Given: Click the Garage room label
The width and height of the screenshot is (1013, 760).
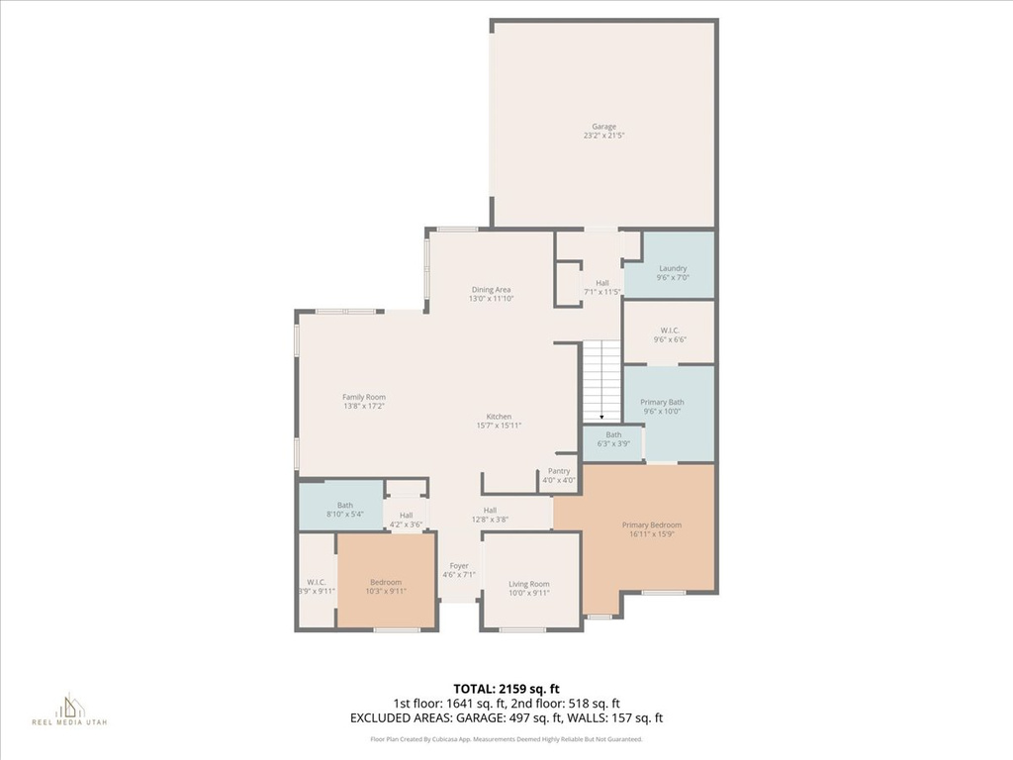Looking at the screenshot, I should pyautogui.click(x=603, y=131).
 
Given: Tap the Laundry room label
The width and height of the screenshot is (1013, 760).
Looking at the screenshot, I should pyautogui.click(x=673, y=273).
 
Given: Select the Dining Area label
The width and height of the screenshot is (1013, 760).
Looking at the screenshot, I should pyautogui.click(x=491, y=294).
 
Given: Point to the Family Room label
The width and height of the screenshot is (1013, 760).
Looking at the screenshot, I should pyautogui.click(x=363, y=401).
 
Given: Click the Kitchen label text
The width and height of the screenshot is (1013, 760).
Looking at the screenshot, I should pyautogui.click(x=499, y=421).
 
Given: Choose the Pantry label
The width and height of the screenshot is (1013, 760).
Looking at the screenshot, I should pyautogui.click(x=559, y=476).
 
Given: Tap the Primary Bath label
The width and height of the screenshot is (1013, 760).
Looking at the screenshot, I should pyautogui.click(x=661, y=406).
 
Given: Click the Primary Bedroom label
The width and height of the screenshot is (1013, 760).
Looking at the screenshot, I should pyautogui.click(x=651, y=529).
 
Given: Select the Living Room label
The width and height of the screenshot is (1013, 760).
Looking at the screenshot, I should pyautogui.click(x=529, y=589).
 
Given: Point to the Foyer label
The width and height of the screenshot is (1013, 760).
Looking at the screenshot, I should pyautogui.click(x=458, y=570).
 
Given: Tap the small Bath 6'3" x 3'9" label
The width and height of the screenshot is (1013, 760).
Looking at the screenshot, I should pyautogui.click(x=613, y=439).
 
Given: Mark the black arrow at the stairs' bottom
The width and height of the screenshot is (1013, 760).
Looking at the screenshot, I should pyautogui.click(x=601, y=418).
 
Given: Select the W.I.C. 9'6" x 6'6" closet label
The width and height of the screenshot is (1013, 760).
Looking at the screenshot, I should pyautogui.click(x=669, y=334).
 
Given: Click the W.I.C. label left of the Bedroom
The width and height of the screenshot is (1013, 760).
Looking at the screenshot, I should pyautogui.click(x=317, y=586).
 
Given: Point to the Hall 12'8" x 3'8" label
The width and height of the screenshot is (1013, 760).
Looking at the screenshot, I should pyautogui.click(x=490, y=515).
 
